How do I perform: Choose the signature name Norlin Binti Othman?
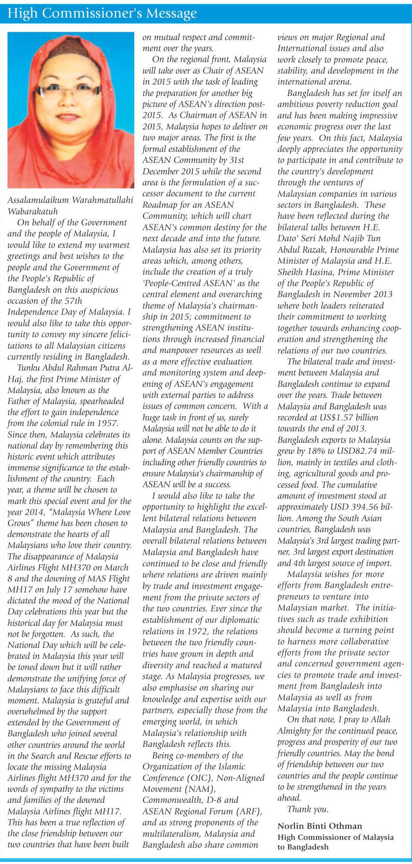[x=320, y=826]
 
